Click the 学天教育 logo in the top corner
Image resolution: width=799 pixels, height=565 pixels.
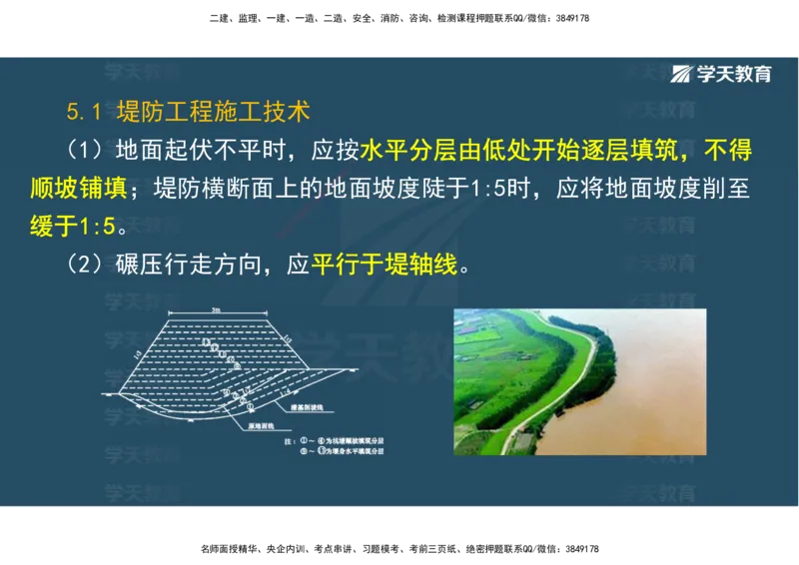tap(721, 74)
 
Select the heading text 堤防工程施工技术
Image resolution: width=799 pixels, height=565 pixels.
tap(213, 109)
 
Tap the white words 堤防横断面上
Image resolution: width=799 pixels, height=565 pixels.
tap(216, 189)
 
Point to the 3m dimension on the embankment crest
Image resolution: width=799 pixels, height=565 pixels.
tap(216, 310)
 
